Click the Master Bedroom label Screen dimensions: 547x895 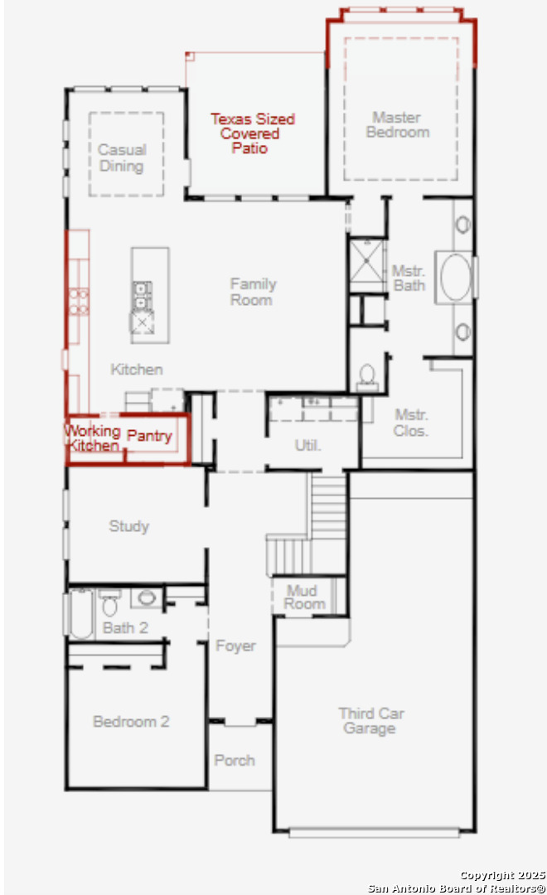click(x=397, y=125)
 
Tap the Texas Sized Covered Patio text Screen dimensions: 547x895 click(x=252, y=133)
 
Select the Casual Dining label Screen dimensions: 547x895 click(x=122, y=158)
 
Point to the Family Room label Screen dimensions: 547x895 click(x=253, y=292)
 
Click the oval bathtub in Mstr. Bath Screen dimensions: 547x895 click(x=456, y=278)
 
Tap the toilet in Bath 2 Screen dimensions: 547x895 click(x=109, y=602)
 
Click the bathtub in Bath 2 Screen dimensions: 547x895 click(x=80, y=613)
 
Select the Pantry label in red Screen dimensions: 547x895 click(x=149, y=436)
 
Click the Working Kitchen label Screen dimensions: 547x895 click(x=93, y=438)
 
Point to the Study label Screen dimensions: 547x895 click(x=129, y=525)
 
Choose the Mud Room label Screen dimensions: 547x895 click(x=304, y=597)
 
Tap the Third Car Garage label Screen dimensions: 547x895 click(x=371, y=721)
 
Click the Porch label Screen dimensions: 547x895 click(x=234, y=760)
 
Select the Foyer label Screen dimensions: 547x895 click(x=235, y=646)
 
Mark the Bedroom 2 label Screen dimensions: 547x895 click(x=131, y=722)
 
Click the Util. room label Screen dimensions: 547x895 click(x=307, y=445)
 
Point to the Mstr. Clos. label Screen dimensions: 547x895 click(x=410, y=423)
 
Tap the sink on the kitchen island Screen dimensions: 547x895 click(x=143, y=295)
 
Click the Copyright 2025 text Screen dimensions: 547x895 click(x=502, y=876)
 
